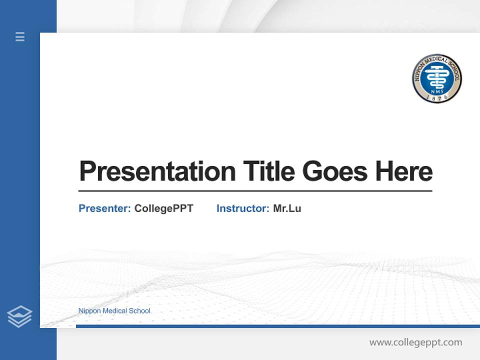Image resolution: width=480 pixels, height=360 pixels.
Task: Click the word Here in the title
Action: [404, 171]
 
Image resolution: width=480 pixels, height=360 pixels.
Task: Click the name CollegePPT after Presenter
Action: [163, 208]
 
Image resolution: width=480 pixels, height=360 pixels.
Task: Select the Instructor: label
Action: [243, 208]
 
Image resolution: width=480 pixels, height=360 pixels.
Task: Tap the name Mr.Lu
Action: [287, 208]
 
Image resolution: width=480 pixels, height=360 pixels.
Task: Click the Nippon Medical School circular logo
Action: [437, 79]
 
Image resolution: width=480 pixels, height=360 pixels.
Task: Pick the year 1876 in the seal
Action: [437, 97]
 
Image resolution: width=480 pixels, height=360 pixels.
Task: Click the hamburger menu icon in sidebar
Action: [20, 36]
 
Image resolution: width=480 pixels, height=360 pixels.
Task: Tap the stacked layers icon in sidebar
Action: [19, 316]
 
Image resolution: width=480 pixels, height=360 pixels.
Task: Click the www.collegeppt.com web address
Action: [415, 342]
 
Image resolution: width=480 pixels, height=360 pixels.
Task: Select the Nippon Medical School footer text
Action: [114, 311]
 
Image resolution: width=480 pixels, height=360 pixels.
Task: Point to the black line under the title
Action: [255, 191]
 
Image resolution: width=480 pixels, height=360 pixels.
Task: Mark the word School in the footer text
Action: [139, 311]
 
